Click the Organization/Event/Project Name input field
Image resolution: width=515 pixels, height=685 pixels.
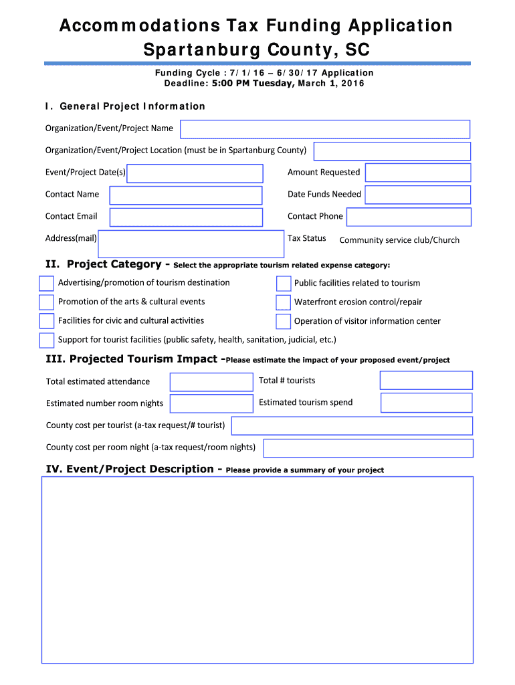[325, 129]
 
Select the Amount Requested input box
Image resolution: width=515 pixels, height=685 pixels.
[418, 173]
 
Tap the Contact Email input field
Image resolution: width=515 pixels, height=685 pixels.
[186, 217]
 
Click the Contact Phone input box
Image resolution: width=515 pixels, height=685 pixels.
[409, 217]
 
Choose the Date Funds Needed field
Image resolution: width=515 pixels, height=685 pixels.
[418, 195]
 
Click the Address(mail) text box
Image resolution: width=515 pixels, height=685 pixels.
[191, 243]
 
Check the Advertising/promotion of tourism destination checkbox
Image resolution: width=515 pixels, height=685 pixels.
[46, 283]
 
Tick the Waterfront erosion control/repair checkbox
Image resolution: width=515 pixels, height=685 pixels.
[284, 302]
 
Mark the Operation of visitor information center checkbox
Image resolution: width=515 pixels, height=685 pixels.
[284, 321]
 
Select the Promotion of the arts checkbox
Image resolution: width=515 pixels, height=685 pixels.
[46, 302]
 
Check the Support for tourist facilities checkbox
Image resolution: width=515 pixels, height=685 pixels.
[46, 340]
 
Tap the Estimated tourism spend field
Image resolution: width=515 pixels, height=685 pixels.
[427, 403]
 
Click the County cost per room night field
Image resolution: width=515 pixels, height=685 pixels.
[369, 448]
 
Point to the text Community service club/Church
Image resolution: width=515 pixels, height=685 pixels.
[399, 240]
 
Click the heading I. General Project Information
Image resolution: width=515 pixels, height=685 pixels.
[125, 106]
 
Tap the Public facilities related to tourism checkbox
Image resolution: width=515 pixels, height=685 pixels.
[284, 284]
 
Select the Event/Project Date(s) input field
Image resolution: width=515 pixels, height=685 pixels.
[195, 173]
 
